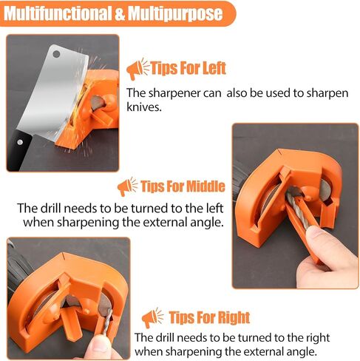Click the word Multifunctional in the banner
click(x=58, y=13)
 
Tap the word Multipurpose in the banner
click(x=175, y=13)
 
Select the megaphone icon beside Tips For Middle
click(x=127, y=186)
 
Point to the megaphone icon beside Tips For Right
click(x=152, y=318)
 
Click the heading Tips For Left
click(x=189, y=68)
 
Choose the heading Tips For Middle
click(x=183, y=186)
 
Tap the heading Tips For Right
click(x=209, y=317)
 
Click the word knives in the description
click(x=144, y=107)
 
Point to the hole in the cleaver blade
click(x=56, y=54)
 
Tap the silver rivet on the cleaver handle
click(x=20, y=142)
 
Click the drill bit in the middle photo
click(x=297, y=209)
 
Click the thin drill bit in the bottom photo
click(x=107, y=322)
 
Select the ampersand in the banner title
click(x=120, y=14)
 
